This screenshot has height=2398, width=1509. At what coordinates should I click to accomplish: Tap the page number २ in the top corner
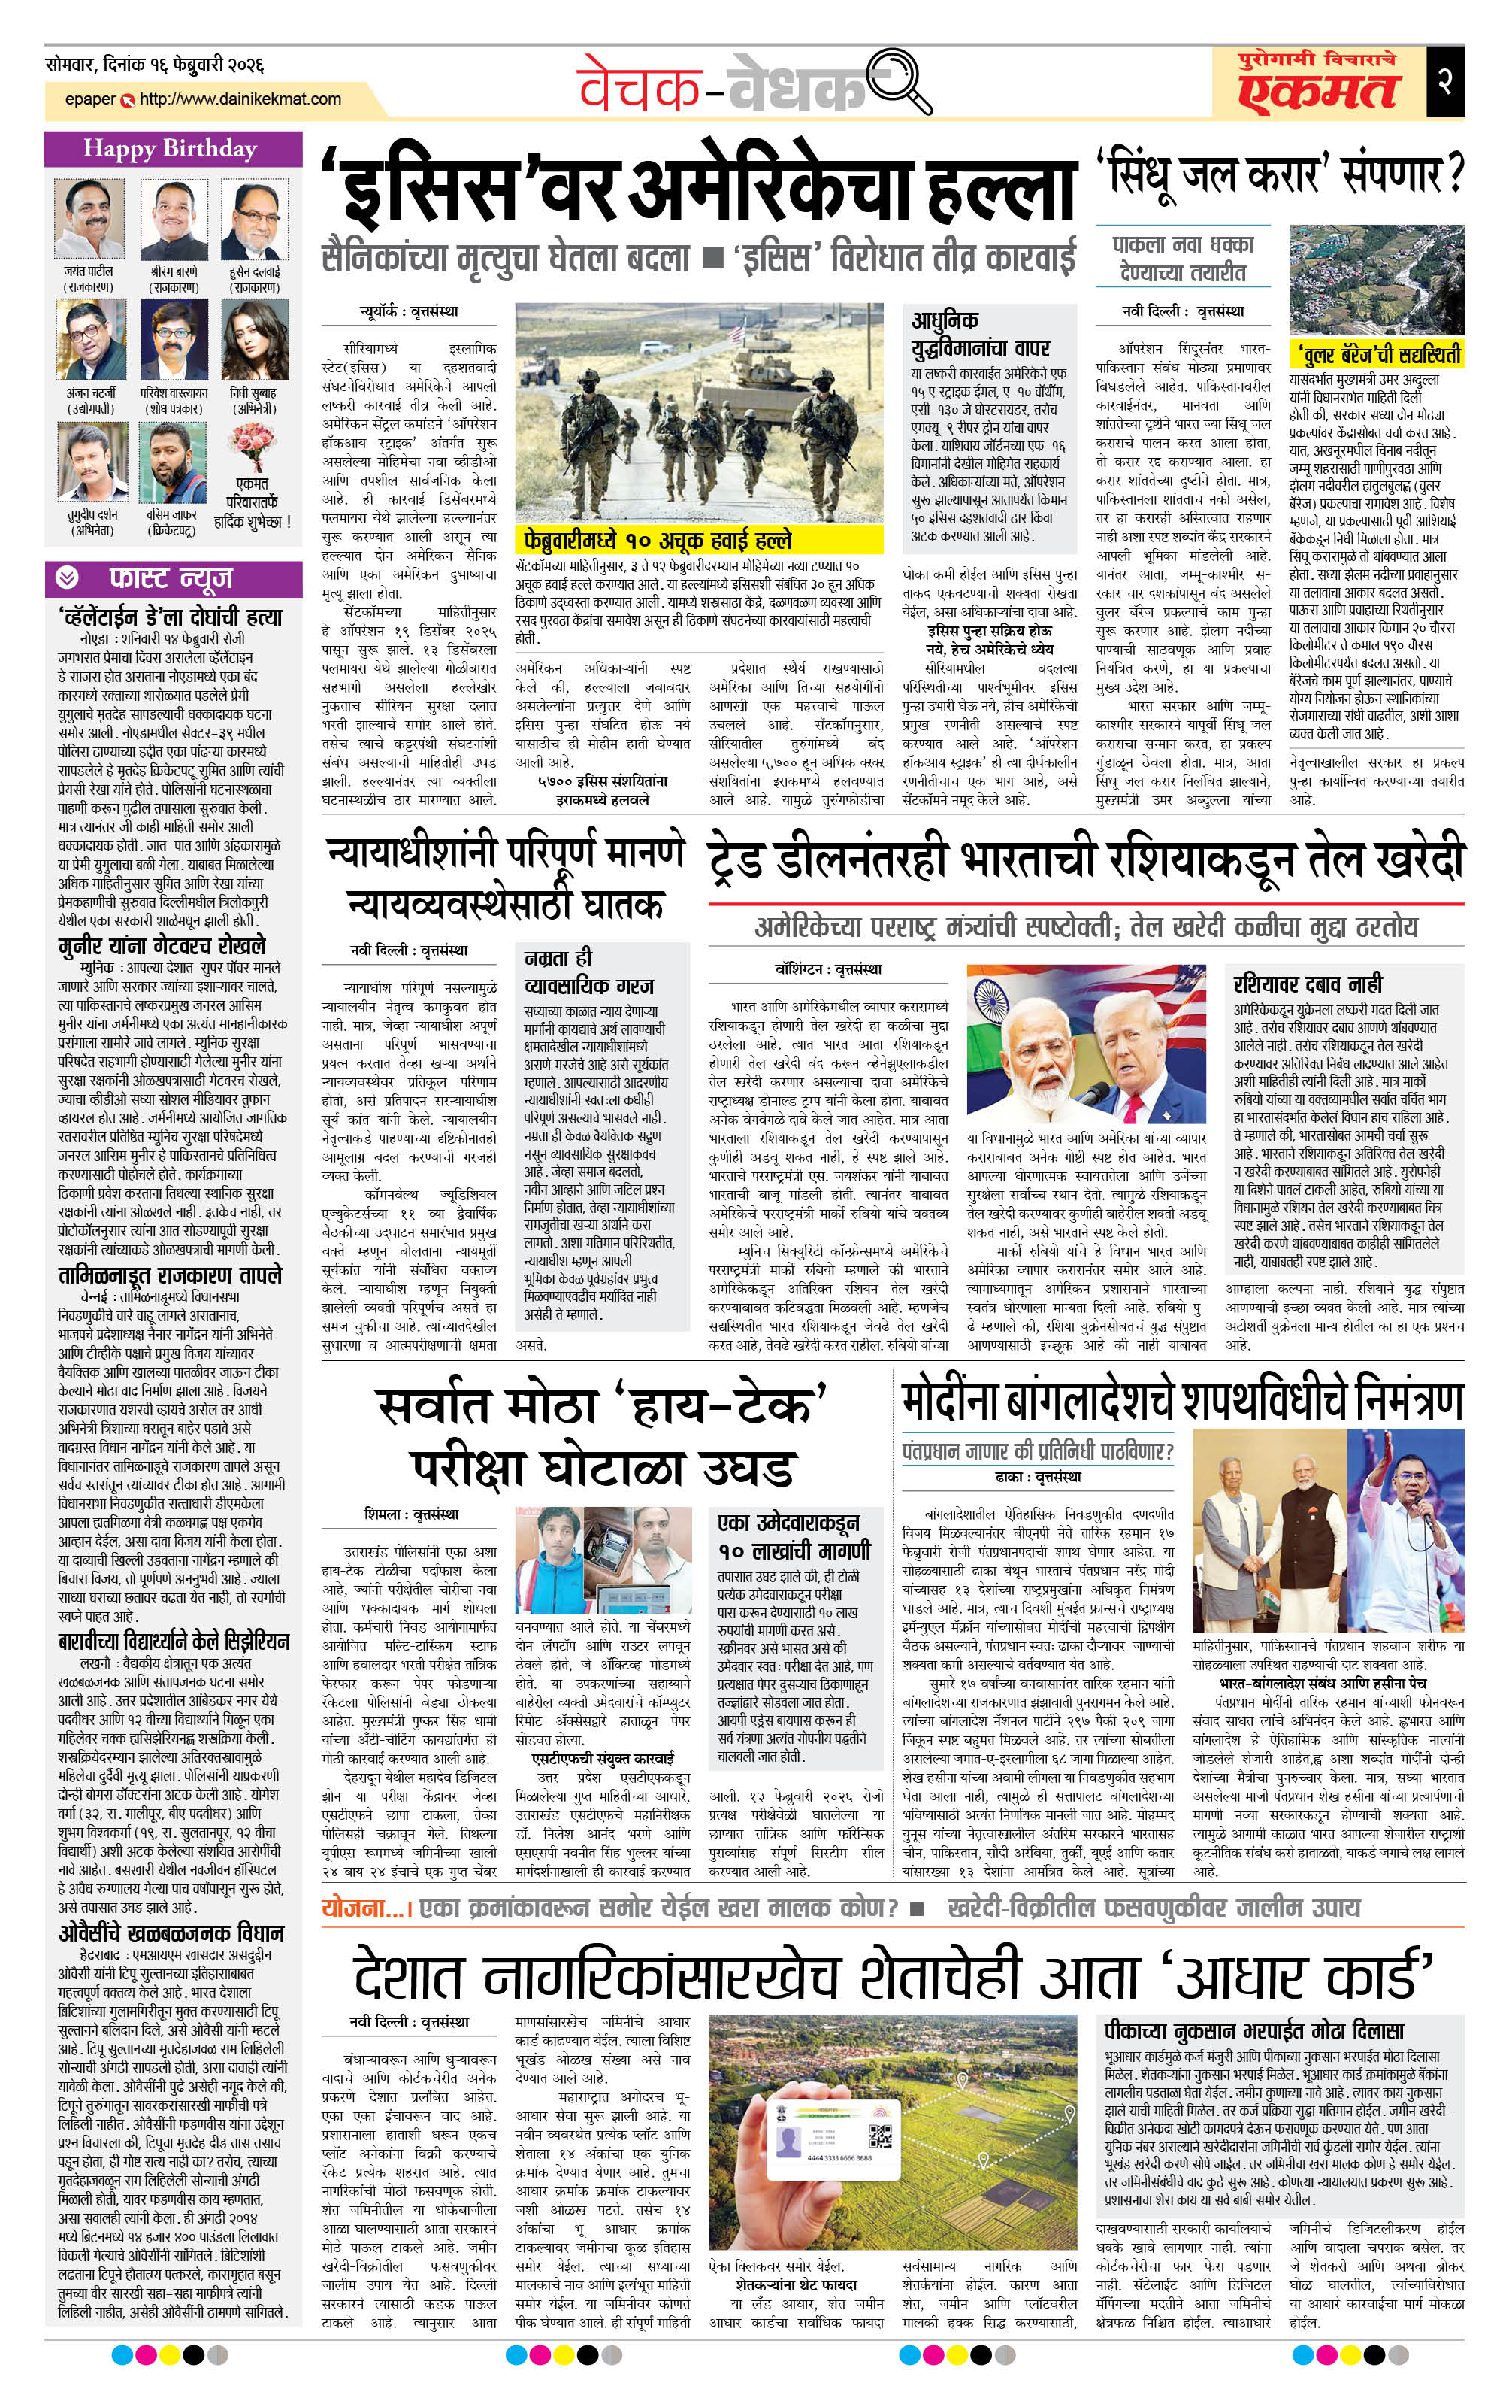pos(1444,80)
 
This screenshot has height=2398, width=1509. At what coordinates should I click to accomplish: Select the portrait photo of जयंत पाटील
pos(89,219)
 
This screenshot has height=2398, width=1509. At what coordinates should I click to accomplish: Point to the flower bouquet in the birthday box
pos(252,445)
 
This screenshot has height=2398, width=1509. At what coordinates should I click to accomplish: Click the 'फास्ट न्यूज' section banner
pos(171,578)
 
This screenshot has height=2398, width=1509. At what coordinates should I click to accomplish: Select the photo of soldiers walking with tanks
pos(699,414)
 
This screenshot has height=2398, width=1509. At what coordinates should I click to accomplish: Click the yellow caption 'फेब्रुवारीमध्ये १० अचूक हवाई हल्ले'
pos(658,540)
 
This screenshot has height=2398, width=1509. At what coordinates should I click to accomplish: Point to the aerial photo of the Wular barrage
pos(1376,280)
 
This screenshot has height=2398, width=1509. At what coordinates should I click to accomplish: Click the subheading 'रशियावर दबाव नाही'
pos(1307,984)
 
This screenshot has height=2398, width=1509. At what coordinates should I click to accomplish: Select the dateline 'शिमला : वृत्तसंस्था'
pos(411,1514)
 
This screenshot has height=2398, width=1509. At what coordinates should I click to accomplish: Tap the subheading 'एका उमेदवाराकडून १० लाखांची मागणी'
pos(794,1536)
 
